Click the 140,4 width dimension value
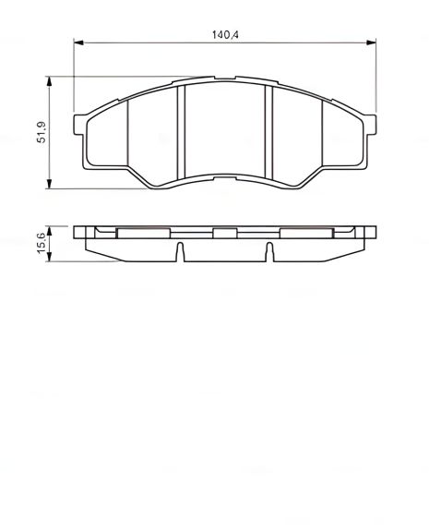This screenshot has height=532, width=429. pyautogui.click(x=225, y=33)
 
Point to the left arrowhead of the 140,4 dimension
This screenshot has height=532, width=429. pyautogui.click(x=78, y=41)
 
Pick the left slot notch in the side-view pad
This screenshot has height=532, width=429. pyautogui.click(x=180, y=250)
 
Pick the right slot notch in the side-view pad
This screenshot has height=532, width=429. pyautogui.click(x=268, y=250)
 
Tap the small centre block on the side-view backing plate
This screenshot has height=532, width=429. pyautogui.click(x=224, y=234)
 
